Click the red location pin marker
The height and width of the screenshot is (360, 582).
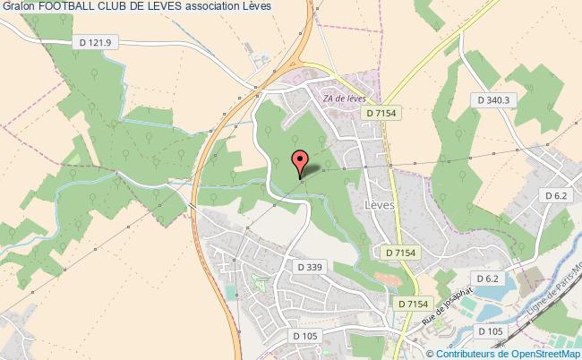(301, 162)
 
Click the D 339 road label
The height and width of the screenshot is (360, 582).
(310, 266)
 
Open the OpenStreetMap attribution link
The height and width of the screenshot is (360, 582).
(541, 353)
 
